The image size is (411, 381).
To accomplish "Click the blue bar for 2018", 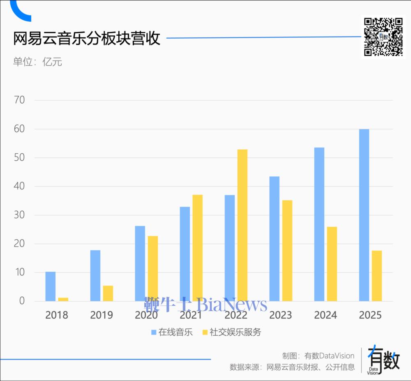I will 50,286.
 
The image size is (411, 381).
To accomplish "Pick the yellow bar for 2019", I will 108,293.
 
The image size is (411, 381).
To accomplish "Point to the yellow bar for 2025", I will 376,276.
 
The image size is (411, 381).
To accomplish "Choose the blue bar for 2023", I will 274,239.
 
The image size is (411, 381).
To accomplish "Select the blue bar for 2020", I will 140,263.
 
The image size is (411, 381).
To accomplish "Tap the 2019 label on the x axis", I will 102,315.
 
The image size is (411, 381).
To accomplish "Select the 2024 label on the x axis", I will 326,315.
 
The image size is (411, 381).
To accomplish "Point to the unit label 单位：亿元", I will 37,62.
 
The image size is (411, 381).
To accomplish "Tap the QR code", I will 383,37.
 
